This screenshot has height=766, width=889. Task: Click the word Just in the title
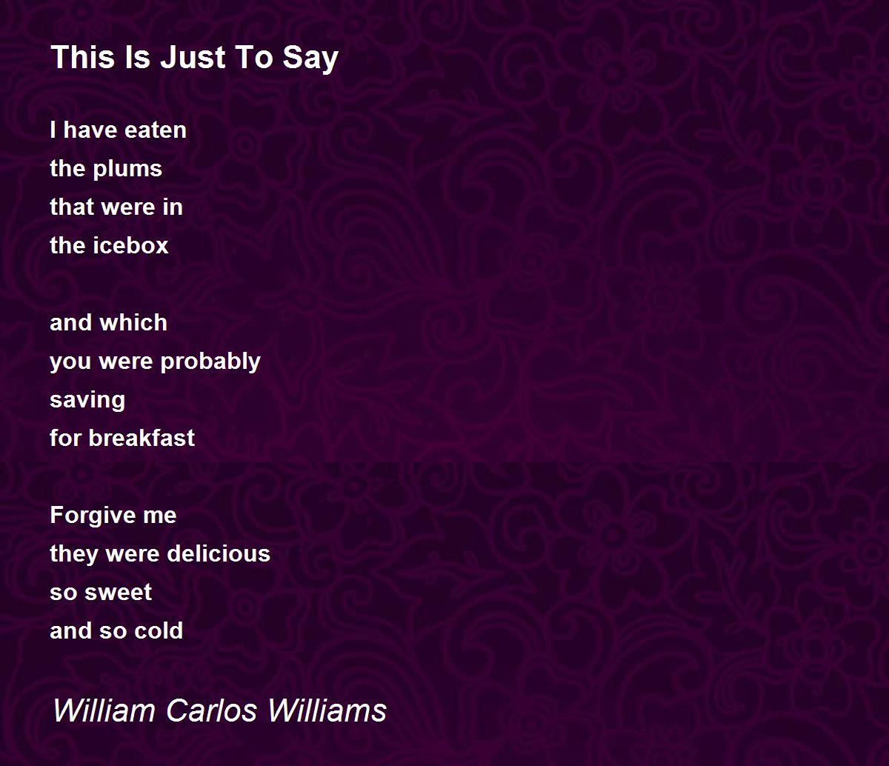coord(193,57)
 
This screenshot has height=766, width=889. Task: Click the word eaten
coord(156,130)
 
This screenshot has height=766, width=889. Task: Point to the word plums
coord(127,170)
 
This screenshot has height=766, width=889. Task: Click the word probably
coord(210,362)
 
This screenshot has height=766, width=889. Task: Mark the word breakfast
coord(141,438)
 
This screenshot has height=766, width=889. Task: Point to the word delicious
coord(219,553)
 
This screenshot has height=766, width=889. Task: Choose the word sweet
coord(118,592)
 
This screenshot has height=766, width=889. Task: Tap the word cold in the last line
coord(159,630)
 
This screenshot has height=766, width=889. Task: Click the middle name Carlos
coord(211,710)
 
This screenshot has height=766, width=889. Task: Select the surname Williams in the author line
coord(327,710)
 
